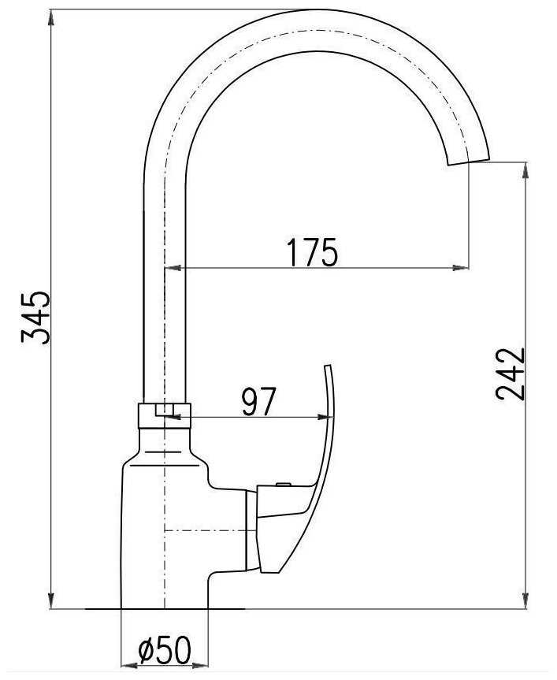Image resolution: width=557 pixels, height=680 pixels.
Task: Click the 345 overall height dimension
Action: click(x=35, y=318)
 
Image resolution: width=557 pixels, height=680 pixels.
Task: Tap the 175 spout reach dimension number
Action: click(x=312, y=252)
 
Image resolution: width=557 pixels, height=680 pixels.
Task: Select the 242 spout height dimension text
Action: click(x=511, y=373)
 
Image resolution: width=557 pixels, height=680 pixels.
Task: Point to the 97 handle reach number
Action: click(x=258, y=401)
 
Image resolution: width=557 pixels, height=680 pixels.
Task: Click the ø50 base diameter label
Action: click(x=165, y=650)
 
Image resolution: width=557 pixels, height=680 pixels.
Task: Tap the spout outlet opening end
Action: click(x=469, y=161)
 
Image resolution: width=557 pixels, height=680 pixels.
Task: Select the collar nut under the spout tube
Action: click(x=165, y=416)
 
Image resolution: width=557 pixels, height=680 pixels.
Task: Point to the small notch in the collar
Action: click(x=165, y=411)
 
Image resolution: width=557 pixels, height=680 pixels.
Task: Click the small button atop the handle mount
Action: click(x=284, y=484)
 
